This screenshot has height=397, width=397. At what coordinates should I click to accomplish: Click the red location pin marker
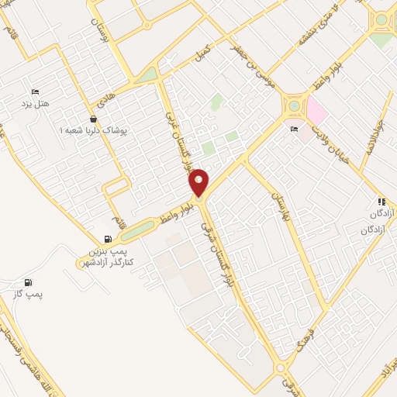click(199, 182)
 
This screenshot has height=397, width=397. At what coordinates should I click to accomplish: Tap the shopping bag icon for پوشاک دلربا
click(94, 119)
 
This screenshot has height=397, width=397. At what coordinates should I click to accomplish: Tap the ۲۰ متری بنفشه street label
click(311, 28)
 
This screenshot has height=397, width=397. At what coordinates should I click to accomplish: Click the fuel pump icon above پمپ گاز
click(29, 283)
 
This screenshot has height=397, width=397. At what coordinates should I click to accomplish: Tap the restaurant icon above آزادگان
click(380, 201)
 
